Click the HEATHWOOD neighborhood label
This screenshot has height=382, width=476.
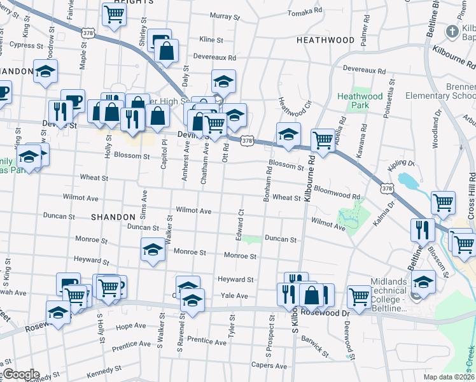[325, 40]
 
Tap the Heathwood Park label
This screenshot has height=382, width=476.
[360, 101]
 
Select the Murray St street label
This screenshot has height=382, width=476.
[223, 16]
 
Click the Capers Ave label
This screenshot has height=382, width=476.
[269, 365]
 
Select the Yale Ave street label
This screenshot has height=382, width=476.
[234, 296]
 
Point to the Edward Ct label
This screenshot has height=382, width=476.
[241, 220]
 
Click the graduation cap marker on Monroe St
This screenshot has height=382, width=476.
[153, 250]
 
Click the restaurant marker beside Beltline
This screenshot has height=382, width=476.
[422, 230]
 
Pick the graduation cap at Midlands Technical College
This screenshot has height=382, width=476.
[423, 281]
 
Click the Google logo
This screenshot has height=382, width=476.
[20, 374]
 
